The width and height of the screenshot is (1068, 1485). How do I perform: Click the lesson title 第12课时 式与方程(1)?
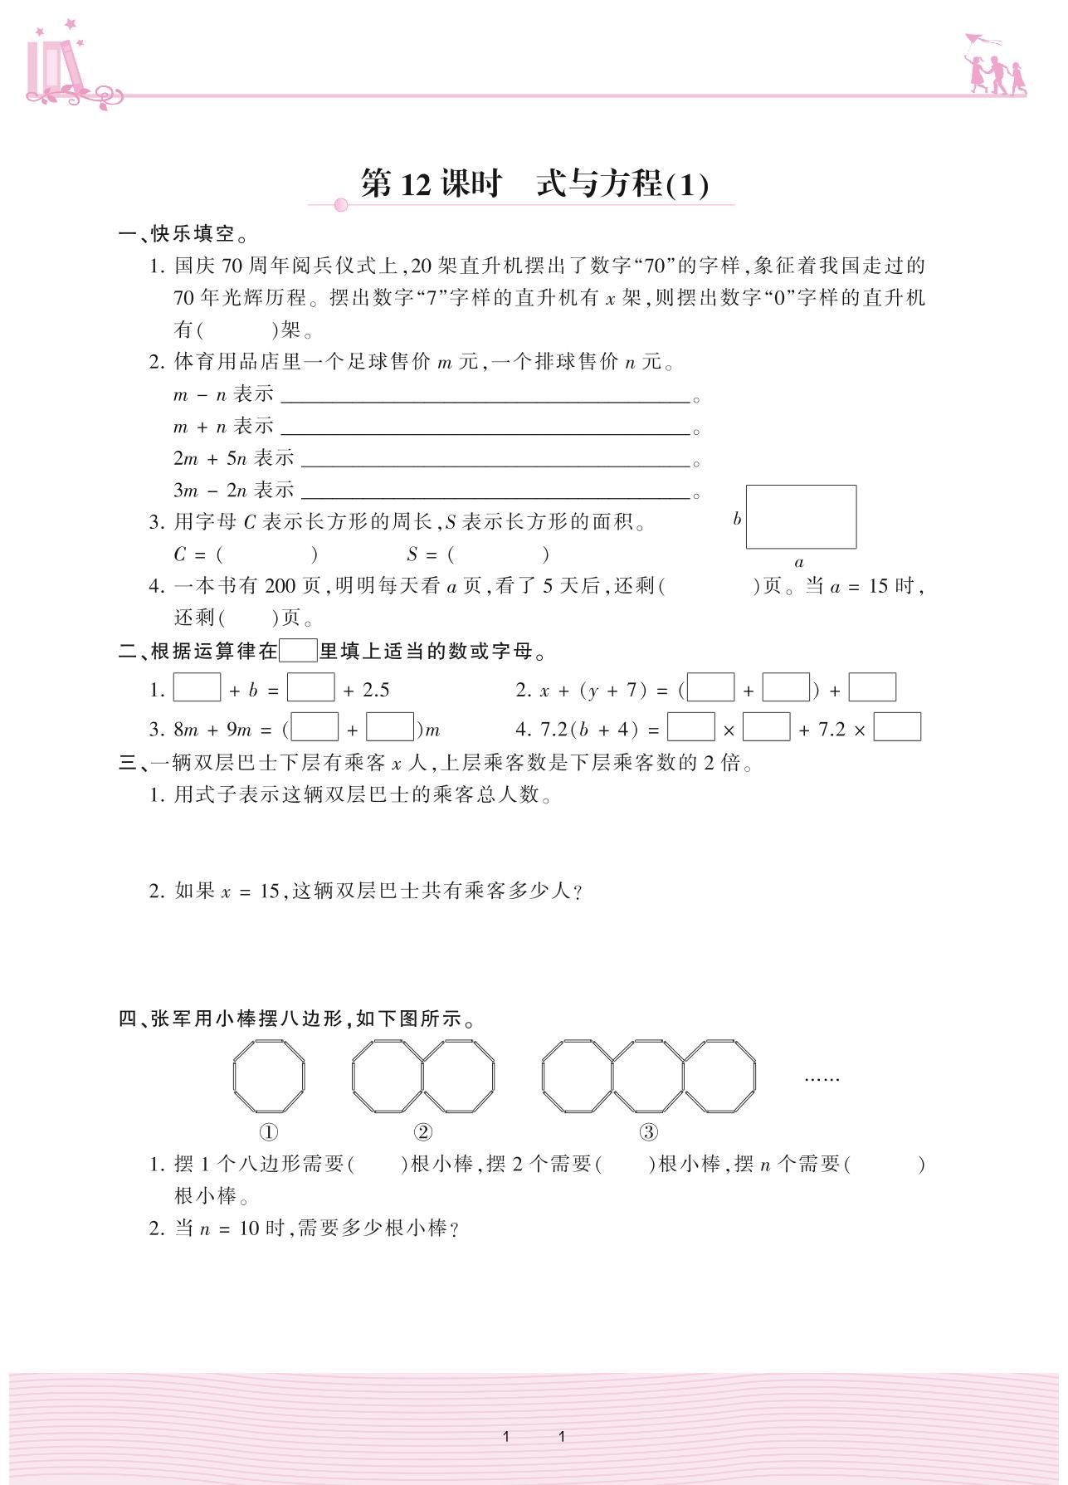pos(534,183)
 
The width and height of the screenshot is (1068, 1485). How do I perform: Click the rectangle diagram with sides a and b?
pos(801,516)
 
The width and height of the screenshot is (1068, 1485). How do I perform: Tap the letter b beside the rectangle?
pos(737,520)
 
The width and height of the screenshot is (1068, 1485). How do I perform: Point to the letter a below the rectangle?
pos(799,563)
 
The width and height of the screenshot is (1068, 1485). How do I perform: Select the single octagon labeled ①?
pos(269,1076)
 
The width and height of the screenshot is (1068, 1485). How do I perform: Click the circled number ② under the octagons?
pos(423,1132)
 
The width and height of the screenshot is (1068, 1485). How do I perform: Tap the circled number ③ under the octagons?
pos(649,1132)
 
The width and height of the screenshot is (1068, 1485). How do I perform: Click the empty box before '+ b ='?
pos(197,688)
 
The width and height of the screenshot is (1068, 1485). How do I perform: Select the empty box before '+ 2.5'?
pos(310,688)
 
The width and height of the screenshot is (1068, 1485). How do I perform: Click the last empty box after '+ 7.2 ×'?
pos(897,727)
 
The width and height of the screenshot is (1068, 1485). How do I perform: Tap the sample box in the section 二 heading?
pos(298,650)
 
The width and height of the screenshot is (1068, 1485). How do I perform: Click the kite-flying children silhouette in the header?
pos(993,66)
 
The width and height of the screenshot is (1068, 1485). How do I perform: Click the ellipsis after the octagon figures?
pos(822,1079)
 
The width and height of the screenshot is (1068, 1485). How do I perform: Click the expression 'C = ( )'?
pos(246,554)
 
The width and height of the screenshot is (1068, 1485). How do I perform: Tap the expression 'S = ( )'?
pos(478,554)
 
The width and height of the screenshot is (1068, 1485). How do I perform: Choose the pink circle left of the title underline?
pos(340,205)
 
